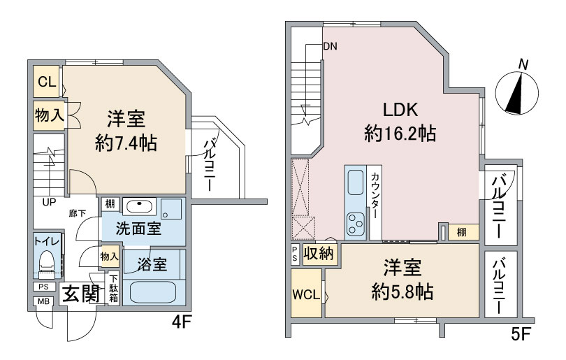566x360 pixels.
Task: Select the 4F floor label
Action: coord(182,324)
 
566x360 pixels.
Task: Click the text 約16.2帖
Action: coord(400,133)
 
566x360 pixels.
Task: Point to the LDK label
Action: coord(399,109)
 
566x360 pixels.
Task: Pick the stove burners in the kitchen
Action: coord(354,223)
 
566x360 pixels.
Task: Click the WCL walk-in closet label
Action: coord(307,294)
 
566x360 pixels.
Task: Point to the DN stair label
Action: coord(330,48)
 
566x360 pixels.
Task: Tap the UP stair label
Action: coord(49,203)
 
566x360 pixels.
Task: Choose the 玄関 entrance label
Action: coord(80,294)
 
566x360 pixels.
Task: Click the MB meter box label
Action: coord(43,301)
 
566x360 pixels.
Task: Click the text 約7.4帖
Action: coord(126,143)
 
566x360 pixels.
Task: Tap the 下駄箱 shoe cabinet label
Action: coord(113,289)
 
